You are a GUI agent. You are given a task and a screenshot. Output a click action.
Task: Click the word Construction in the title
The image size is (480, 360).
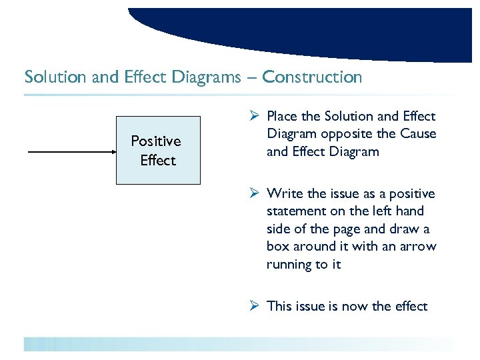click(312, 77)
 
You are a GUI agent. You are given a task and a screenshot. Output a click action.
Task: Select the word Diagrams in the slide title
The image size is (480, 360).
click(206, 77)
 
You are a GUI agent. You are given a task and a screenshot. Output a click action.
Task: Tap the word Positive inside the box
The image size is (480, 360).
click(156, 141)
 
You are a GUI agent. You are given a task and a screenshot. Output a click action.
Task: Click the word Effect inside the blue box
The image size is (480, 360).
click(158, 161)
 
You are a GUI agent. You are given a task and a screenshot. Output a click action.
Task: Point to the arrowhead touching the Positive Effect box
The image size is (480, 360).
click(112, 153)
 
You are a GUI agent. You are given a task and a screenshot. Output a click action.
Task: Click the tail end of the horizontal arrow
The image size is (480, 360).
click(29, 153)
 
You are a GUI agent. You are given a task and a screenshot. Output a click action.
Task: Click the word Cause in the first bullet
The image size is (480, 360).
click(418, 134)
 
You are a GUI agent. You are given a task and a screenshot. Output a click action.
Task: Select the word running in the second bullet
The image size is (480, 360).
click(291, 265)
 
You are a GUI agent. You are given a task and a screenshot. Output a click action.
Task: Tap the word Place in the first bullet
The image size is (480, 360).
click(283, 117)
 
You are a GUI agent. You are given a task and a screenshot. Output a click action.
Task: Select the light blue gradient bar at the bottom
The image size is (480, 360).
click(240, 344)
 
